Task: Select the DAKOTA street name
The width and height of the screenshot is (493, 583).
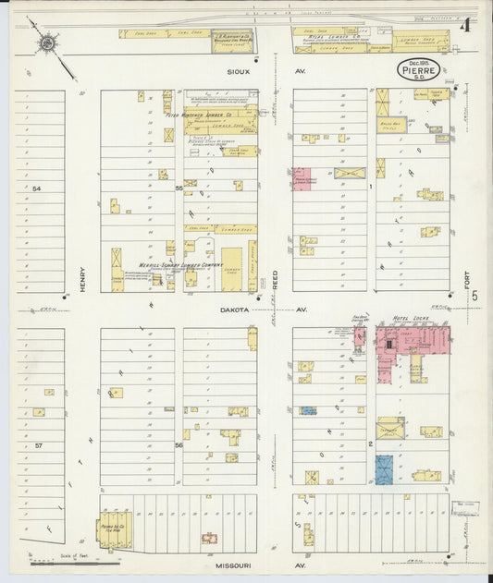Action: coord(236,310)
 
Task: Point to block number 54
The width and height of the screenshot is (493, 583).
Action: coord(38,188)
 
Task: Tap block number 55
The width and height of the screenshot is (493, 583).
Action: coord(179,188)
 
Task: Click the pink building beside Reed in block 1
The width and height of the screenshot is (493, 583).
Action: coord(302,178)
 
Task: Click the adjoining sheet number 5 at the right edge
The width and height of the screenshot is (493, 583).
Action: coord(474,296)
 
